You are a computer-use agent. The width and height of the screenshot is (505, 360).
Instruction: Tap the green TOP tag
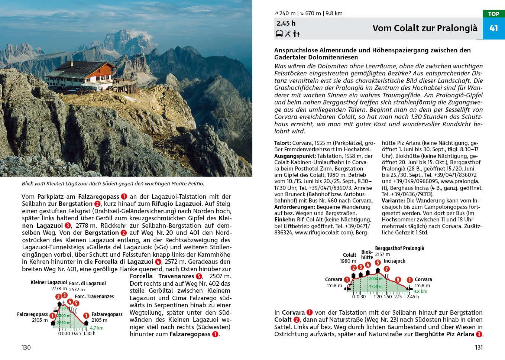pyautogui.click(x=493, y=14)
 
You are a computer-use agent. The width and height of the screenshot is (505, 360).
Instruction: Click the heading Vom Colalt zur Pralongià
pyautogui.click(x=424, y=28)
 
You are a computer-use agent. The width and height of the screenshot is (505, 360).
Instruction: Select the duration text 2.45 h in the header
pyautogui.click(x=286, y=23)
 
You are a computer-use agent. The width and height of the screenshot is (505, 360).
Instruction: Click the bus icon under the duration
pyautogui.click(x=279, y=34)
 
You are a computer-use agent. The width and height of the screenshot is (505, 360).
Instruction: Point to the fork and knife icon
pyautogui.click(x=288, y=34)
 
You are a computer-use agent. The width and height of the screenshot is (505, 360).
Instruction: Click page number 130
pyautogui.click(x=26, y=347)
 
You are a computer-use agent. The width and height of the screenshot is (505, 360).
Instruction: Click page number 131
pyautogui.click(x=478, y=347)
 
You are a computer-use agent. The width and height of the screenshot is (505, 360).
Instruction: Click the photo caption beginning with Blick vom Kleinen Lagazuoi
pyautogui.click(x=113, y=184)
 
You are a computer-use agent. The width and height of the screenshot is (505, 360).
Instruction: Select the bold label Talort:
pyautogui.click(x=282, y=143)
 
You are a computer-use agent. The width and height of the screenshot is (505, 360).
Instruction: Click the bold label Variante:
pyautogui.click(x=393, y=201)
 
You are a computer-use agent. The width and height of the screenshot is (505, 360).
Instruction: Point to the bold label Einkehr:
pyautogui.click(x=284, y=220)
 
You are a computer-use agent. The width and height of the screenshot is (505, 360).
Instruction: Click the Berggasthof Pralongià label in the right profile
pyautogui.click(x=399, y=248)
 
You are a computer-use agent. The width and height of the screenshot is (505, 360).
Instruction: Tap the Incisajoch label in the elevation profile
pyautogui.click(x=394, y=261)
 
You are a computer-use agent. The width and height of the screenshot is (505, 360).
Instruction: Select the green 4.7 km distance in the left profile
pyautogui.click(x=97, y=328)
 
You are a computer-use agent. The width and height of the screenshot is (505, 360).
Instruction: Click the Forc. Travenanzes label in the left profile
pyautogui.click(x=94, y=296)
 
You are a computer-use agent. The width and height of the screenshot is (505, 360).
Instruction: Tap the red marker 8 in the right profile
pyautogui.click(x=398, y=280)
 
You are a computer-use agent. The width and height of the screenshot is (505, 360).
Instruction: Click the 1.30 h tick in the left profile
pyautogui.click(x=89, y=333)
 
